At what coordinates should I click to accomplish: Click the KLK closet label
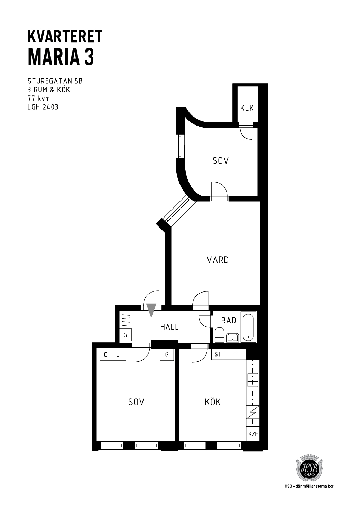tap(247, 108)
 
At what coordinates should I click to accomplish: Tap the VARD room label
tap(218, 260)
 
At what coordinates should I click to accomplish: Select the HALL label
tap(169, 327)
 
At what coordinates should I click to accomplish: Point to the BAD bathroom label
tap(229, 321)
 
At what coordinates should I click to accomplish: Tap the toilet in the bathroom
tap(219, 335)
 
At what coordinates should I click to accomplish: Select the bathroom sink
tap(232, 338)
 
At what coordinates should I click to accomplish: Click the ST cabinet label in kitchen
tap(218, 354)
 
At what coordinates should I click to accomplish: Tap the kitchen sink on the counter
tap(253, 380)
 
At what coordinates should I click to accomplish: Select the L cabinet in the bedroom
tap(119, 354)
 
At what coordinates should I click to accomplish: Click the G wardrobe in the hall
tap(126, 335)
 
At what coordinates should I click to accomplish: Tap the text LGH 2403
tap(43, 107)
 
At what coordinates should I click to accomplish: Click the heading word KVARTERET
tap(65, 37)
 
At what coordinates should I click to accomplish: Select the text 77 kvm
tap(39, 99)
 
